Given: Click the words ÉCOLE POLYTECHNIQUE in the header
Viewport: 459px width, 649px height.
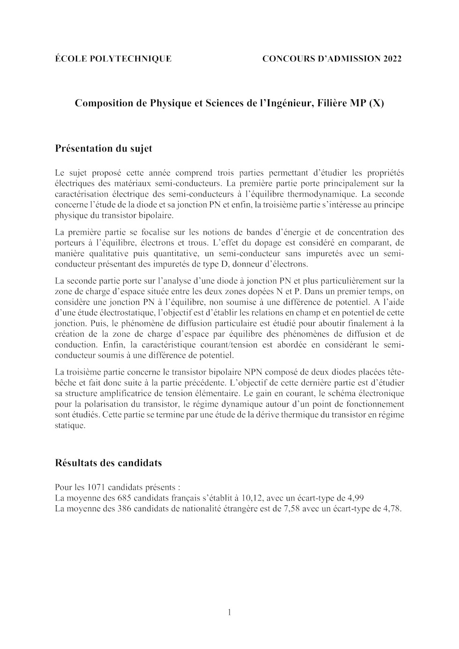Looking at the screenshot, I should [x=113, y=59].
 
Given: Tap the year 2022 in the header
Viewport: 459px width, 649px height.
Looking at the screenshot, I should [x=392, y=59].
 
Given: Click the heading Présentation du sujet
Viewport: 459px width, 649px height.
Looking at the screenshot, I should [x=104, y=148].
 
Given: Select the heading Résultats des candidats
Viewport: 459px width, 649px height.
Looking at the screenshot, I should [x=108, y=463].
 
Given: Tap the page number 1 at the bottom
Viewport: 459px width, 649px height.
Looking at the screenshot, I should [x=229, y=612].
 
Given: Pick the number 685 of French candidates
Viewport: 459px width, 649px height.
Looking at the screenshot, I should [x=124, y=498].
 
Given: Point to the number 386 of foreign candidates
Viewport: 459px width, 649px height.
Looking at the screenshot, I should [x=124, y=509].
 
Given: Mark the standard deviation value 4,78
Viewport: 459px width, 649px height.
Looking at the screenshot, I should [x=392, y=509].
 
